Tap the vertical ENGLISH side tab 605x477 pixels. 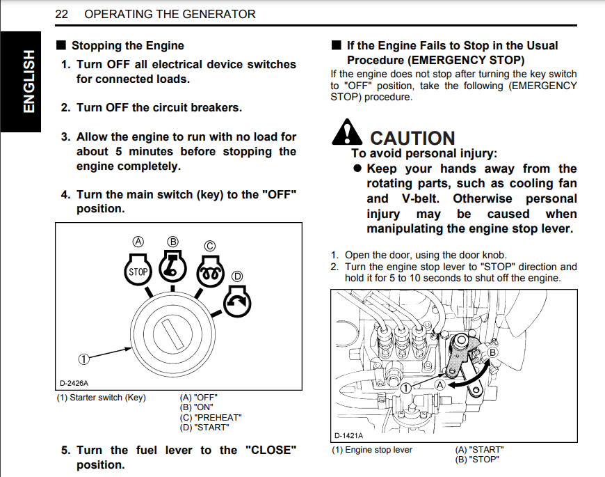(28, 81)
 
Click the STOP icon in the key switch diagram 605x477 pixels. (138, 272)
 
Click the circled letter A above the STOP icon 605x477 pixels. (138, 242)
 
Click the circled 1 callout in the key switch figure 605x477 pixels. (83, 359)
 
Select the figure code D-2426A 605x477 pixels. (74, 383)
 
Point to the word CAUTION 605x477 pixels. (412, 139)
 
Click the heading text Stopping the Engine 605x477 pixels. (127, 46)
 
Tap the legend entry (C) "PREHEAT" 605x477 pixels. (211, 417)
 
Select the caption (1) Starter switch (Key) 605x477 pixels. (102, 398)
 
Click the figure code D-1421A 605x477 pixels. (349, 435)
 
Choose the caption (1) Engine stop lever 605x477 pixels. (371, 450)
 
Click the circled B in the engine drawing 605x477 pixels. (494, 353)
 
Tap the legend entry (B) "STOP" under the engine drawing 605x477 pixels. (477, 460)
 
